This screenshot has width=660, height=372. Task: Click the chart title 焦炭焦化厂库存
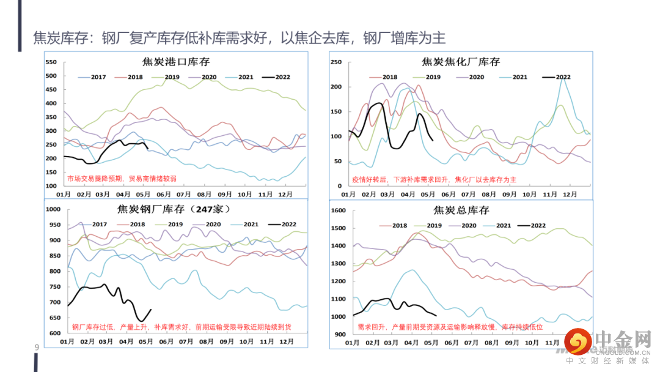[461, 62]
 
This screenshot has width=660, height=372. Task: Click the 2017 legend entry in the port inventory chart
[92, 77]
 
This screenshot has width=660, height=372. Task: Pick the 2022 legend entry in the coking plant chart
[556, 77]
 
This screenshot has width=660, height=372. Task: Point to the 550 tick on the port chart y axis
[51, 62]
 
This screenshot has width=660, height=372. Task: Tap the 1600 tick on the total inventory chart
[338, 210]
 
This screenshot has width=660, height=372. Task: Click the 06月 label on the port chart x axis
[163, 194]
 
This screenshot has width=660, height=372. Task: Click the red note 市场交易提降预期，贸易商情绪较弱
[122, 179]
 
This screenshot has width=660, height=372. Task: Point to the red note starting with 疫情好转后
[434, 180]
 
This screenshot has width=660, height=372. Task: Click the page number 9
[37, 348]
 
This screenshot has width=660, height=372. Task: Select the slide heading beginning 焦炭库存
[239, 38]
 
